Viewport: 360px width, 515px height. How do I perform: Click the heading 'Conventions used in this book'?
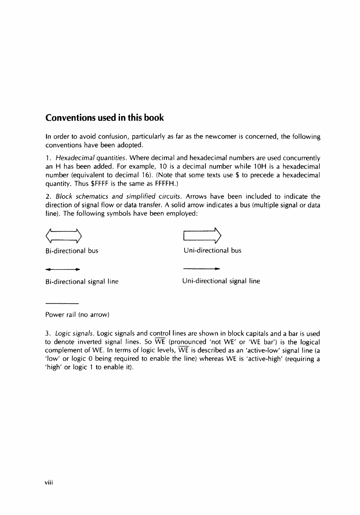[x=104, y=118]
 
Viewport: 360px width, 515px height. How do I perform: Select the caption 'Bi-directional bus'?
[x=72, y=251]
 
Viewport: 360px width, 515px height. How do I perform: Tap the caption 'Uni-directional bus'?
[x=212, y=251]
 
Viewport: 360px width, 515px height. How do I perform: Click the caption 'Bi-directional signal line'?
[x=82, y=282]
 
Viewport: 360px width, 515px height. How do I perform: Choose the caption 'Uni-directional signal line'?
[x=221, y=281]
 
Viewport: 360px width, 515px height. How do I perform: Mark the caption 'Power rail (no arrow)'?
[x=77, y=315]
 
